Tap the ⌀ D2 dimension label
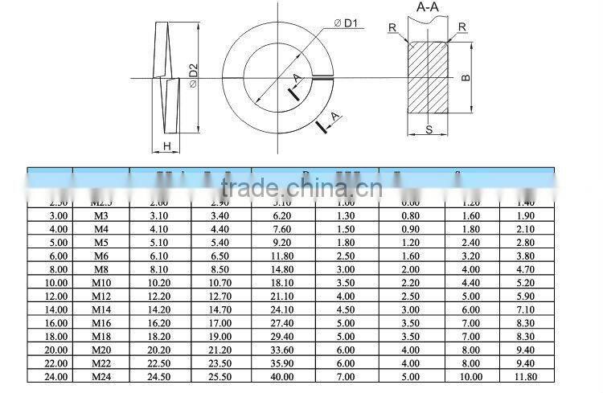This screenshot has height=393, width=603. point(193,79)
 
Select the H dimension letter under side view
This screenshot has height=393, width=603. point(166,145)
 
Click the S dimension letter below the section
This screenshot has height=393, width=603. point(429,129)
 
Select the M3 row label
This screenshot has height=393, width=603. point(100,216)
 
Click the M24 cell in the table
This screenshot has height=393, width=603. point(100,375)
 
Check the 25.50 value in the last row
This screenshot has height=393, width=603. point(220,375)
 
